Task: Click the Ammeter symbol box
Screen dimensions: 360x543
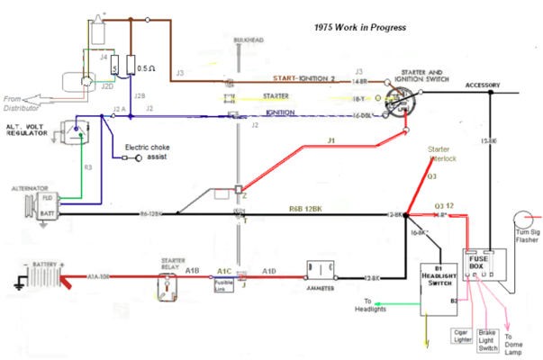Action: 321,271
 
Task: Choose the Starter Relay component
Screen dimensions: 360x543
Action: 167,285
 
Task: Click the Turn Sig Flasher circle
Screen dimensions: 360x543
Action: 524,220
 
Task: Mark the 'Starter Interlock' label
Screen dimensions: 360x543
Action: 443,155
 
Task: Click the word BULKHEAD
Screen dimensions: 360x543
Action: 246,40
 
